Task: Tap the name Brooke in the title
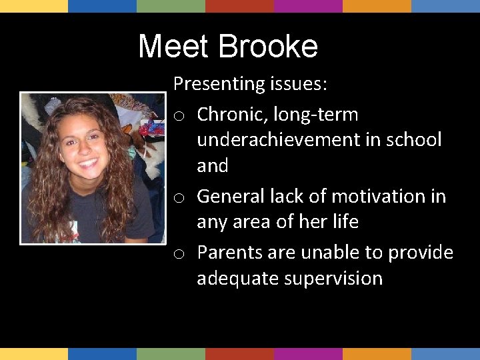pos(268,47)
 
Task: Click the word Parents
pos(227,253)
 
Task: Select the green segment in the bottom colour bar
pos(171,354)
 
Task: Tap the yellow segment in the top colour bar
pos(33,6)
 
